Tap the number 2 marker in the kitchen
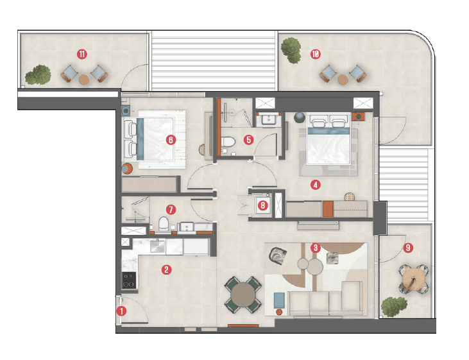coord(167,270)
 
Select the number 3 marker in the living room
coord(315,247)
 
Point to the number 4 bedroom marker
coord(314,185)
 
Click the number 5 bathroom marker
coord(250,139)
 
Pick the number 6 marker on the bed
coord(170,139)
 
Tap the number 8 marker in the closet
coord(262,206)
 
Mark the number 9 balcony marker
coord(407,246)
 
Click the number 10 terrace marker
coord(315,54)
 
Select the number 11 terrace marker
coord(81,54)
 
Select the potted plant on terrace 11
coord(39,74)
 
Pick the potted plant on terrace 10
coord(292,49)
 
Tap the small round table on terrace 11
coord(83,80)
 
